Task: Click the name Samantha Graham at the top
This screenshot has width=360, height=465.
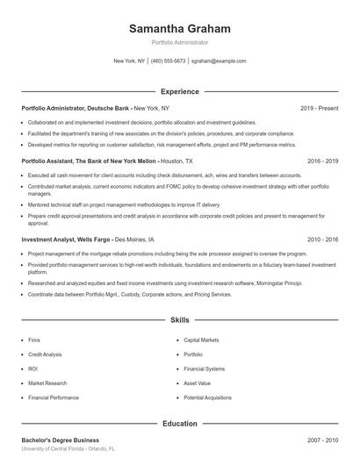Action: point(180,28)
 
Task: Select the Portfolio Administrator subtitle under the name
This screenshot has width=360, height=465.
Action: point(180,42)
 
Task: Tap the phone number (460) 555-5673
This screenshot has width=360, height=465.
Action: point(168,61)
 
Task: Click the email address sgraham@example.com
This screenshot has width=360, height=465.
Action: point(219,61)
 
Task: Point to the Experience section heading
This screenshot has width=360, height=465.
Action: point(180,91)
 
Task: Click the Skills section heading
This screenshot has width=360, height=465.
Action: point(180,321)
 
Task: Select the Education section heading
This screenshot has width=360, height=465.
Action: point(180,424)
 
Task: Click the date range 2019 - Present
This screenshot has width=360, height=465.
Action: point(320,108)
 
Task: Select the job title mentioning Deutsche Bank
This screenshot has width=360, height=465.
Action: point(76,108)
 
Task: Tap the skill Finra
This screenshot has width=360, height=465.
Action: point(35,339)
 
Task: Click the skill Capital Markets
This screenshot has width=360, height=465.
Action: point(200,339)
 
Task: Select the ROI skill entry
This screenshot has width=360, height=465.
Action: point(33,368)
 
